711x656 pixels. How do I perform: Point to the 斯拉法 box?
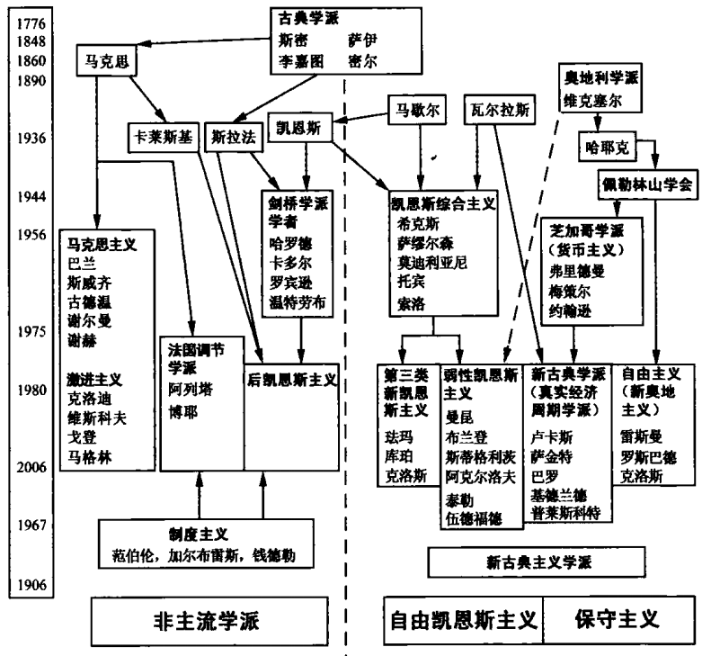232,138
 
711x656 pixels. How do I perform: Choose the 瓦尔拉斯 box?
497,109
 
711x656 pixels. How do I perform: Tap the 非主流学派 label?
204,622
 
